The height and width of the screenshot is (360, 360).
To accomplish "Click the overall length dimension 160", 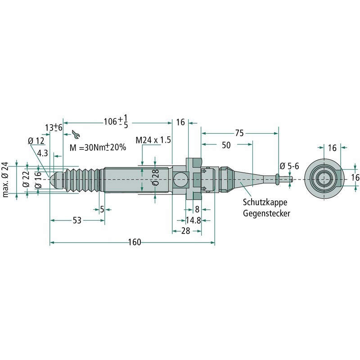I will pos(135,243).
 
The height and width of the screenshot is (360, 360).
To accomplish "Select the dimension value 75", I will pos(239,133).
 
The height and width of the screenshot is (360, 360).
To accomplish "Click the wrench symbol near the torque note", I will pos(76,134).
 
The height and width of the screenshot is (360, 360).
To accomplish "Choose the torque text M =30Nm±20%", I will pos(98,148).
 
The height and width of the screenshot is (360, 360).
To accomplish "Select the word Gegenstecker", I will pos(266,213).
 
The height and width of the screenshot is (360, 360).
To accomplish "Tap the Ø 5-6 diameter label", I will pos(289,166).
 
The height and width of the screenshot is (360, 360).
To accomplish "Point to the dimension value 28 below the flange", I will pos(185,230).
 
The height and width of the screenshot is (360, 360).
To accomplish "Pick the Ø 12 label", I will pos(36,141).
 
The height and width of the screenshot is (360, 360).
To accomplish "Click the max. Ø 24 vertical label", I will pos(6,179).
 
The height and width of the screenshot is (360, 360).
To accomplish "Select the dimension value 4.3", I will pos(43,153).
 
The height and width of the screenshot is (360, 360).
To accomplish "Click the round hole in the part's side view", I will pos(180,179).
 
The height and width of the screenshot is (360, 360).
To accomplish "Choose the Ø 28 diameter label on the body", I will pos(155,179).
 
